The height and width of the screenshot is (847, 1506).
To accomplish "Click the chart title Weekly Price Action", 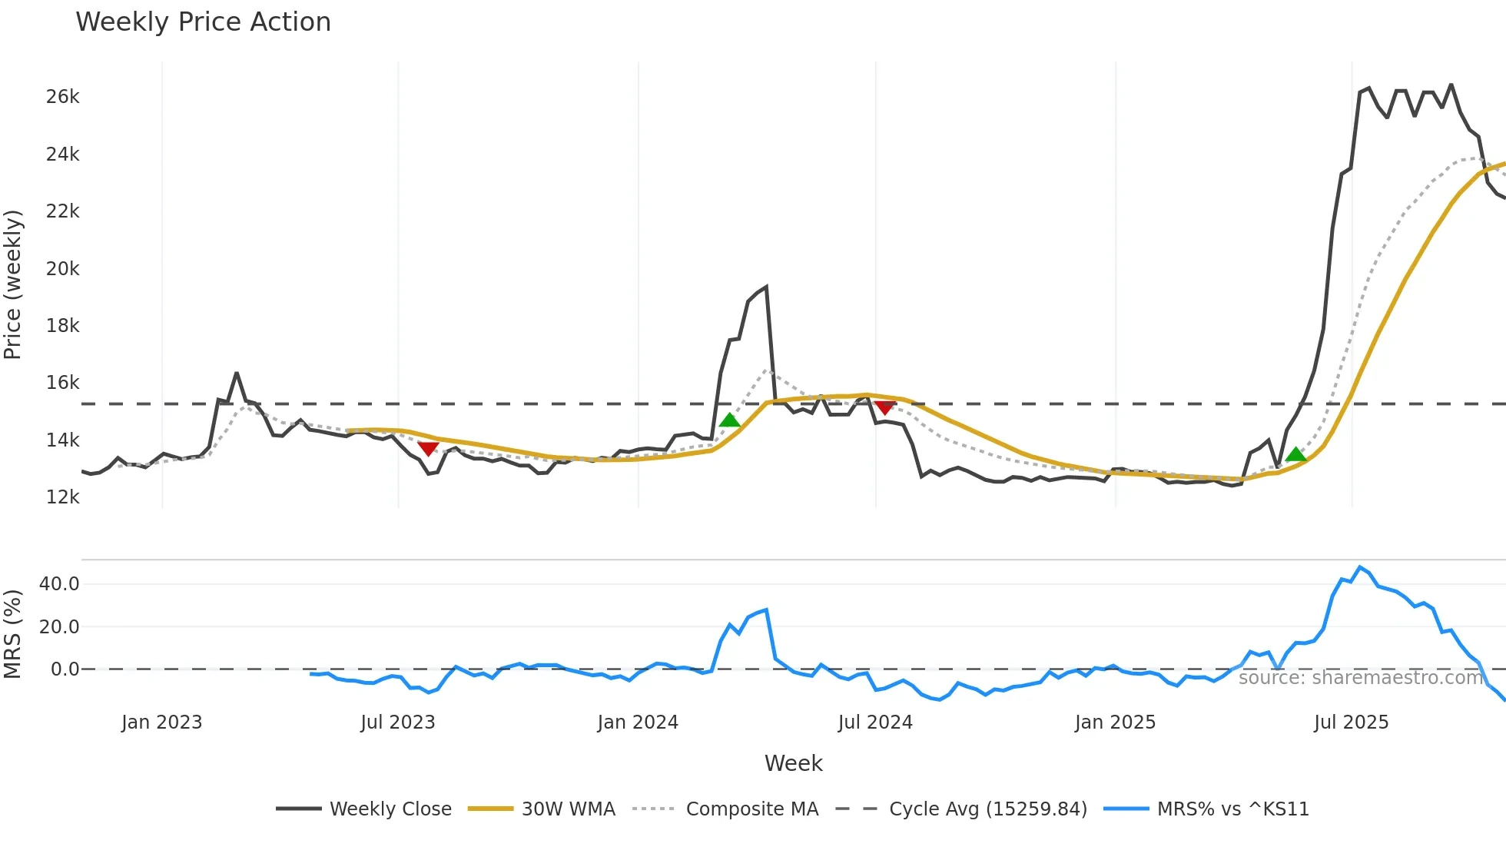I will tap(203, 22).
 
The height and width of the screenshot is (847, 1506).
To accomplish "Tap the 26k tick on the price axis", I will tap(62, 97).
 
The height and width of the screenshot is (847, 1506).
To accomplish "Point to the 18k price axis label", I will tap(62, 326).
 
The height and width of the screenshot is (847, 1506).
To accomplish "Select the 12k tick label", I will tap(62, 497).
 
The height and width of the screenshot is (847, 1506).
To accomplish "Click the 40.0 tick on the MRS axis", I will tap(59, 584).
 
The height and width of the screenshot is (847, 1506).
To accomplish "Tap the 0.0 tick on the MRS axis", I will tap(65, 669).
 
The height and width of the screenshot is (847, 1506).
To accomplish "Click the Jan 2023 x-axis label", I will tap(161, 722).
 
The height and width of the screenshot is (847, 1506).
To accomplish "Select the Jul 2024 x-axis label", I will tap(875, 722).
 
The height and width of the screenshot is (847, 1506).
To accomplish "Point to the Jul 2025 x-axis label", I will tap(1351, 722).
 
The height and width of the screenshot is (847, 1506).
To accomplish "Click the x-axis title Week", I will tap(793, 763).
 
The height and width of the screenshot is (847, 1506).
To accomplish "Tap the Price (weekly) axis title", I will tap(13, 284).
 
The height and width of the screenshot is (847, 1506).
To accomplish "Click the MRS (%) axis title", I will tap(13, 634).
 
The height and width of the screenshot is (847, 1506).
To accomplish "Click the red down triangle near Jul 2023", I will tap(428, 448).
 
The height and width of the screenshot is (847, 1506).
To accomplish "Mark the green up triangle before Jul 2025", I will tap(1295, 454).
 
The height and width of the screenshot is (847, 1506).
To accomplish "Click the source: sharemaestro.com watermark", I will tap(1360, 678).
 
